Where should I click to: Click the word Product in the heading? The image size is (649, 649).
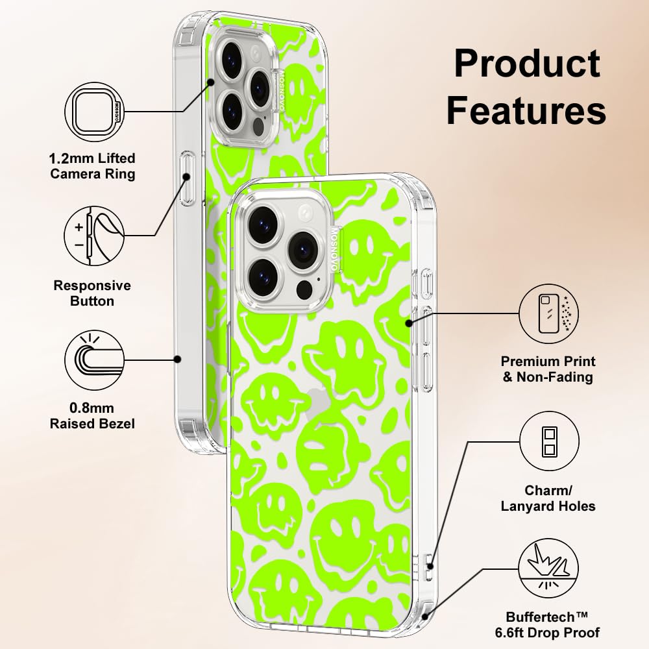pos(527,64)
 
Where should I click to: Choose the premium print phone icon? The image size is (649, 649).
pos(548,314)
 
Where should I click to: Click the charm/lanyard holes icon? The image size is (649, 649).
pos(548,442)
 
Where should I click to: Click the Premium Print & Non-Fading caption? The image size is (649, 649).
pos(548,369)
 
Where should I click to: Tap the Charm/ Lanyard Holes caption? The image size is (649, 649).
pos(548,498)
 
